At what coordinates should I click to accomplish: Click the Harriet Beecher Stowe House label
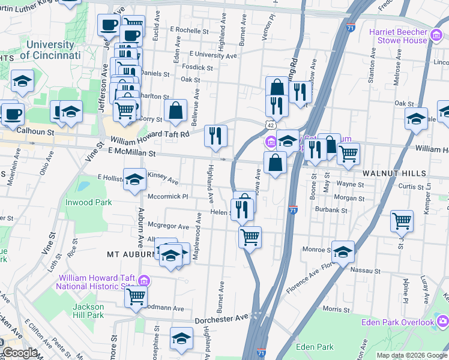(x=403, y=36)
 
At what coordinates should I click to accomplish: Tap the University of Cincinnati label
(x=50, y=50)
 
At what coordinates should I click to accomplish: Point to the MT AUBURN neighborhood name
(x=131, y=254)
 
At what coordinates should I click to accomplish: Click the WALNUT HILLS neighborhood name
(x=394, y=173)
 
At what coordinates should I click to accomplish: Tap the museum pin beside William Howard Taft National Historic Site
(x=144, y=280)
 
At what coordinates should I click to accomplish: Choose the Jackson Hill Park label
(x=88, y=311)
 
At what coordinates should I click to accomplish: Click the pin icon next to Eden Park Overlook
(x=443, y=323)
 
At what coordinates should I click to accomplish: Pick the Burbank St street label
(x=332, y=211)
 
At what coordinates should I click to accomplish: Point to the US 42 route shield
(x=272, y=124)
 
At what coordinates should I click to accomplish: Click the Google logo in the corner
(x=19, y=353)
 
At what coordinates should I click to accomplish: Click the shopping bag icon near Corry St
(x=175, y=110)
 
